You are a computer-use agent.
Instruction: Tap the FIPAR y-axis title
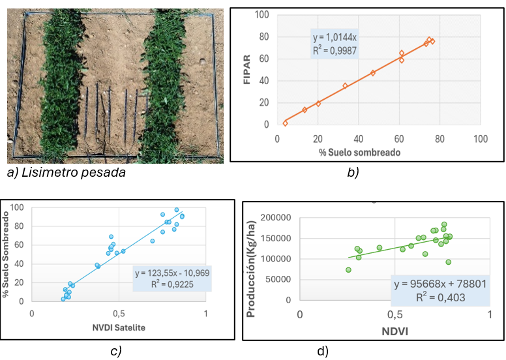coord(248,68)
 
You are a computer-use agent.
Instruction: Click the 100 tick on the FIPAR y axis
coord(263,14)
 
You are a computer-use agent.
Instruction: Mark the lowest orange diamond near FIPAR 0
coord(285,123)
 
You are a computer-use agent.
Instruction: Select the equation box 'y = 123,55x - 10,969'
coord(172,278)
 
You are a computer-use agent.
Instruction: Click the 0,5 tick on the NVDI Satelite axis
coord(119,313)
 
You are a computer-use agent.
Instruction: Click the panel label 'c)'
coord(115,350)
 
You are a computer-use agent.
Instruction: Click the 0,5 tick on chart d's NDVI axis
coord(395,314)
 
